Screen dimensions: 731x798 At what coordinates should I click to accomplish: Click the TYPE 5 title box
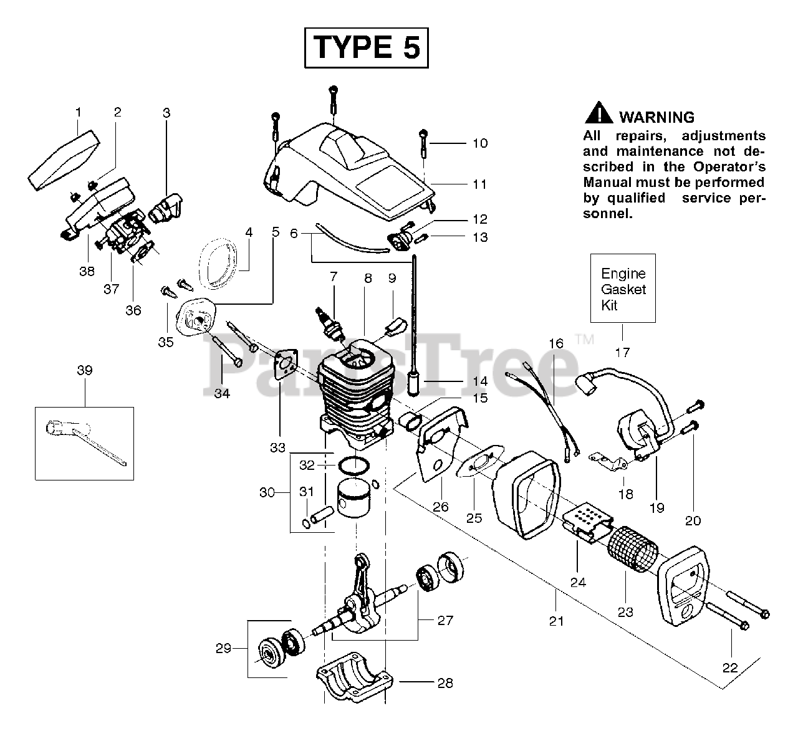(x=366, y=47)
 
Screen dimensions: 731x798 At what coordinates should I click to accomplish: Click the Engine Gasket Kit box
(x=623, y=288)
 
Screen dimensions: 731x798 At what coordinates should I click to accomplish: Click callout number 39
(x=85, y=370)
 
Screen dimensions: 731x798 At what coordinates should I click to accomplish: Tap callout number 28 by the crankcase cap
(x=445, y=683)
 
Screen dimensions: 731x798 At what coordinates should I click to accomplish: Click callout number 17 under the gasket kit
(x=622, y=353)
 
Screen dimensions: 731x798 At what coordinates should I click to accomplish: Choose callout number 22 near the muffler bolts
(x=729, y=667)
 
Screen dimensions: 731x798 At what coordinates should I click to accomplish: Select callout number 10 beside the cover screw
(x=479, y=143)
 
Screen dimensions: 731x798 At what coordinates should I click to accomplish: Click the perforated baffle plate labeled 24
(x=586, y=520)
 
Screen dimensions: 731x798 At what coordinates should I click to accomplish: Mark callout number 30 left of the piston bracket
(x=267, y=492)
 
